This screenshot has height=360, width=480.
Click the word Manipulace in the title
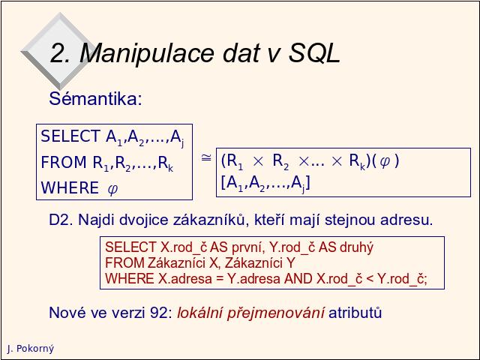147,53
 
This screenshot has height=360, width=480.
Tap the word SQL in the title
314,52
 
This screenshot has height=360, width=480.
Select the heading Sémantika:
95,98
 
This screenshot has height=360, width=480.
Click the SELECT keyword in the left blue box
70,136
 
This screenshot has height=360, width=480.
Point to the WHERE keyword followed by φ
70,187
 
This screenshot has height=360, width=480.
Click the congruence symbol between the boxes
206,157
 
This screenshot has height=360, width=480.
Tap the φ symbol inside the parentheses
385,161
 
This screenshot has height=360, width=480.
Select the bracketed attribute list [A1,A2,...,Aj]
265,183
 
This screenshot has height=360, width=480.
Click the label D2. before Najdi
61,220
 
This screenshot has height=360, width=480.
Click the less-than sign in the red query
370,279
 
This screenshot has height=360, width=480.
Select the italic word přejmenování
275,313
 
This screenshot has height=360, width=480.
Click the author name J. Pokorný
31,349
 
